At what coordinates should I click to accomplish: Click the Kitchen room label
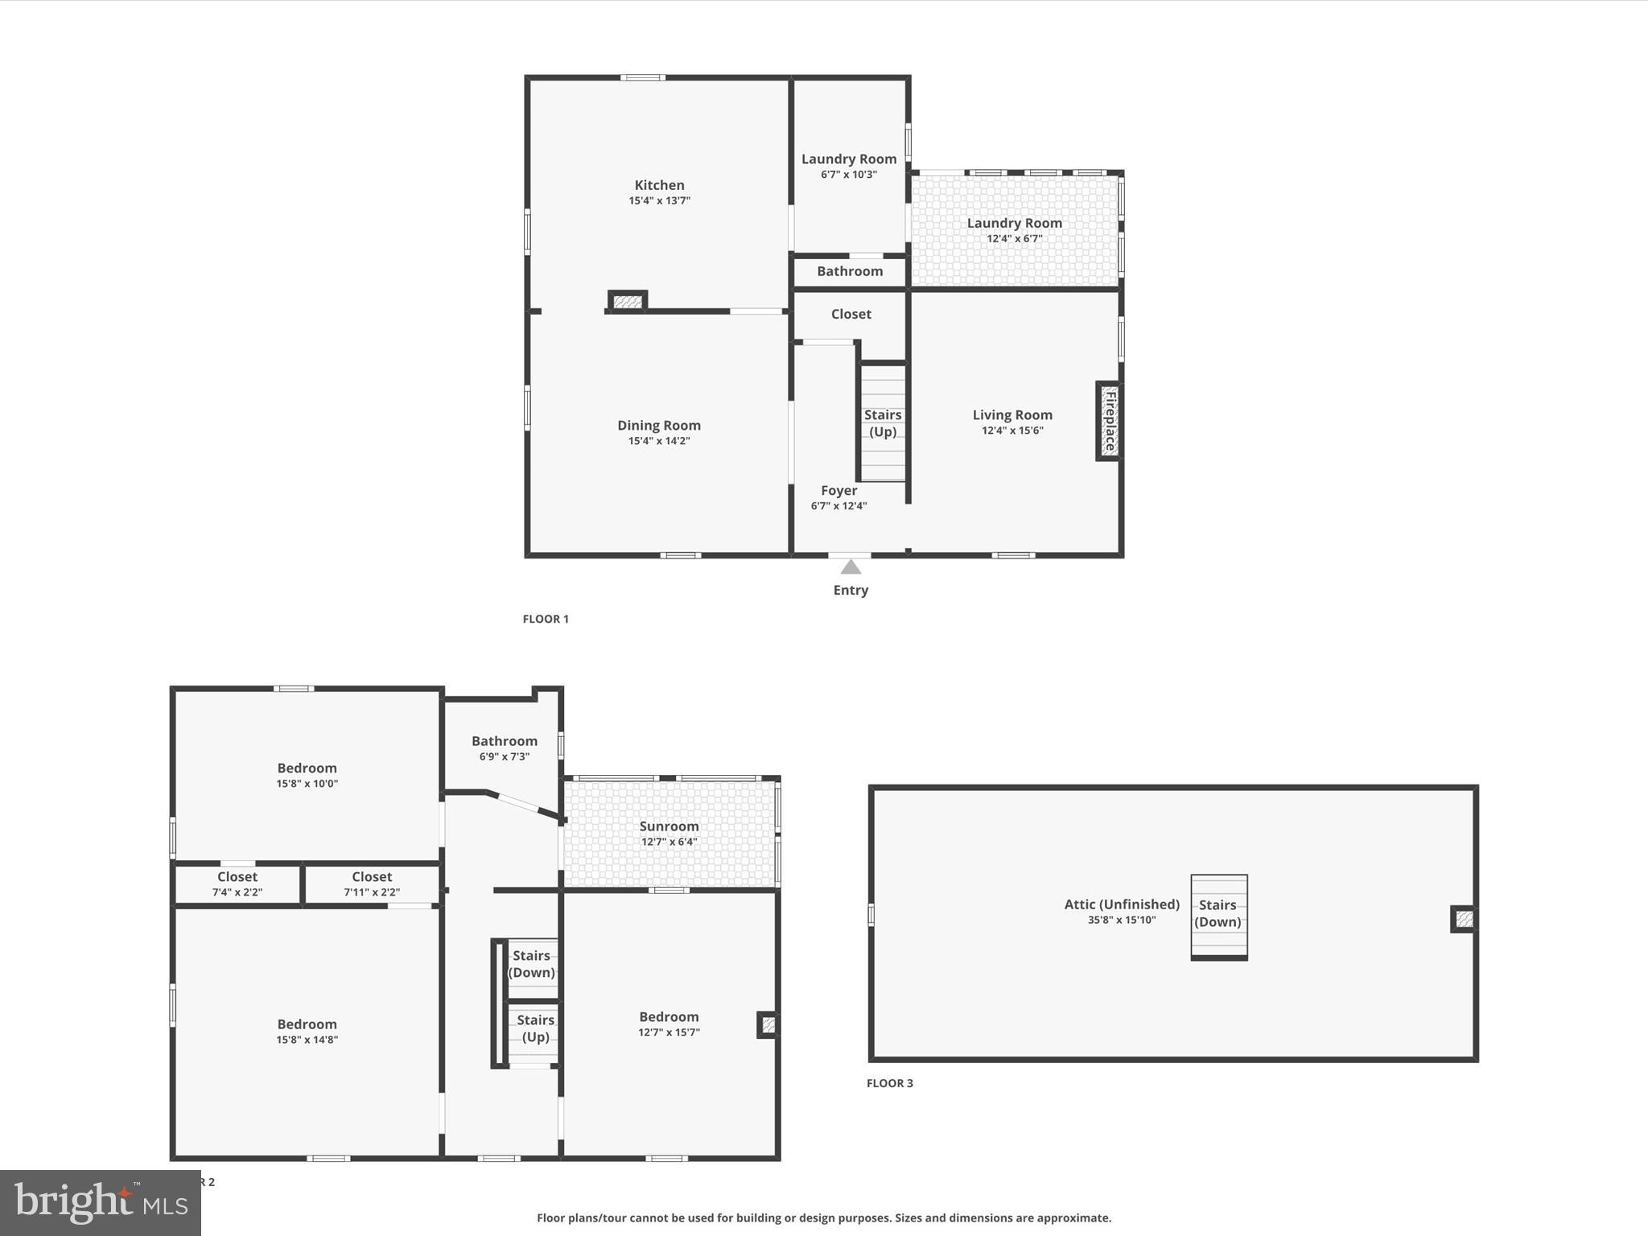point(659,185)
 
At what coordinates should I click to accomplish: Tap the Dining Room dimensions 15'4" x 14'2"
point(659,441)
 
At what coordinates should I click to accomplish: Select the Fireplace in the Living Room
point(1109,421)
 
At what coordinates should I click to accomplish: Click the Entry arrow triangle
point(851,567)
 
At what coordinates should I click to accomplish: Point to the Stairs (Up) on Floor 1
point(883,423)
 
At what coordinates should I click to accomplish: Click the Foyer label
point(838,490)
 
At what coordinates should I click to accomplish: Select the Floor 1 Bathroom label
point(850,271)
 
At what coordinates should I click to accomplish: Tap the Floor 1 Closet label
point(851,314)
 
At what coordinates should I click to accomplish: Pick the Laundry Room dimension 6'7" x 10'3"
point(848,175)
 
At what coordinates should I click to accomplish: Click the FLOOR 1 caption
point(546,619)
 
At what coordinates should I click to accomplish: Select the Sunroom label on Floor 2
point(669,826)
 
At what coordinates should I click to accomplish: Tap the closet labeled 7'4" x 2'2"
point(237,884)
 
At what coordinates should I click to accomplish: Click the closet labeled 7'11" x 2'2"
point(372,884)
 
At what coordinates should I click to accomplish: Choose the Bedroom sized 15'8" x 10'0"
point(307,774)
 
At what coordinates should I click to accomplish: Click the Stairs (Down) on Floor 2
point(532,963)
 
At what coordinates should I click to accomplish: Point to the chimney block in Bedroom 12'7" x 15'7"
point(768,1024)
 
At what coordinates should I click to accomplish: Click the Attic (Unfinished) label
point(1122,904)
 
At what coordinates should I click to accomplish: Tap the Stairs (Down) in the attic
point(1217,913)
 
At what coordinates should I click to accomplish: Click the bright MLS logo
point(101,1202)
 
